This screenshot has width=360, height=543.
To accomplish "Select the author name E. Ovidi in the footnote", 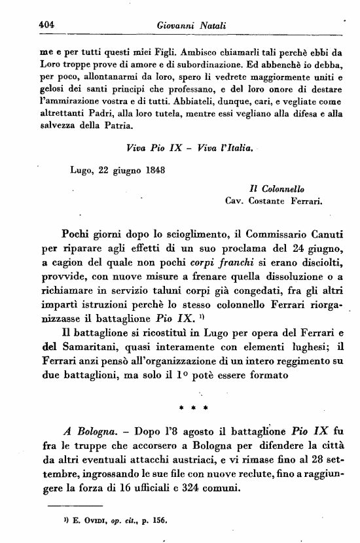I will (x=82, y=522).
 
